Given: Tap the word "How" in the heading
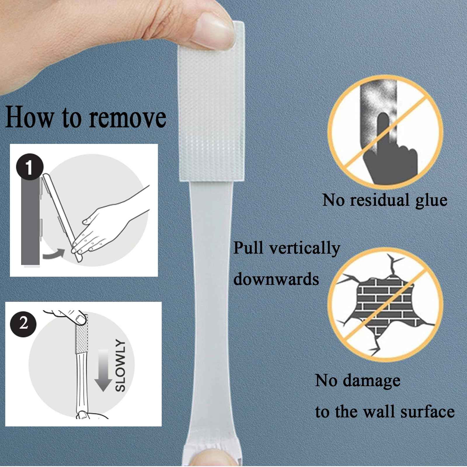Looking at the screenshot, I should pos(29,117).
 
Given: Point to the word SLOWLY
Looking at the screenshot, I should pos(121,365).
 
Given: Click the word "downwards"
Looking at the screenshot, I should pos(276,279).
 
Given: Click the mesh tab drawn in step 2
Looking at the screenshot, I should pos(82,339).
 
